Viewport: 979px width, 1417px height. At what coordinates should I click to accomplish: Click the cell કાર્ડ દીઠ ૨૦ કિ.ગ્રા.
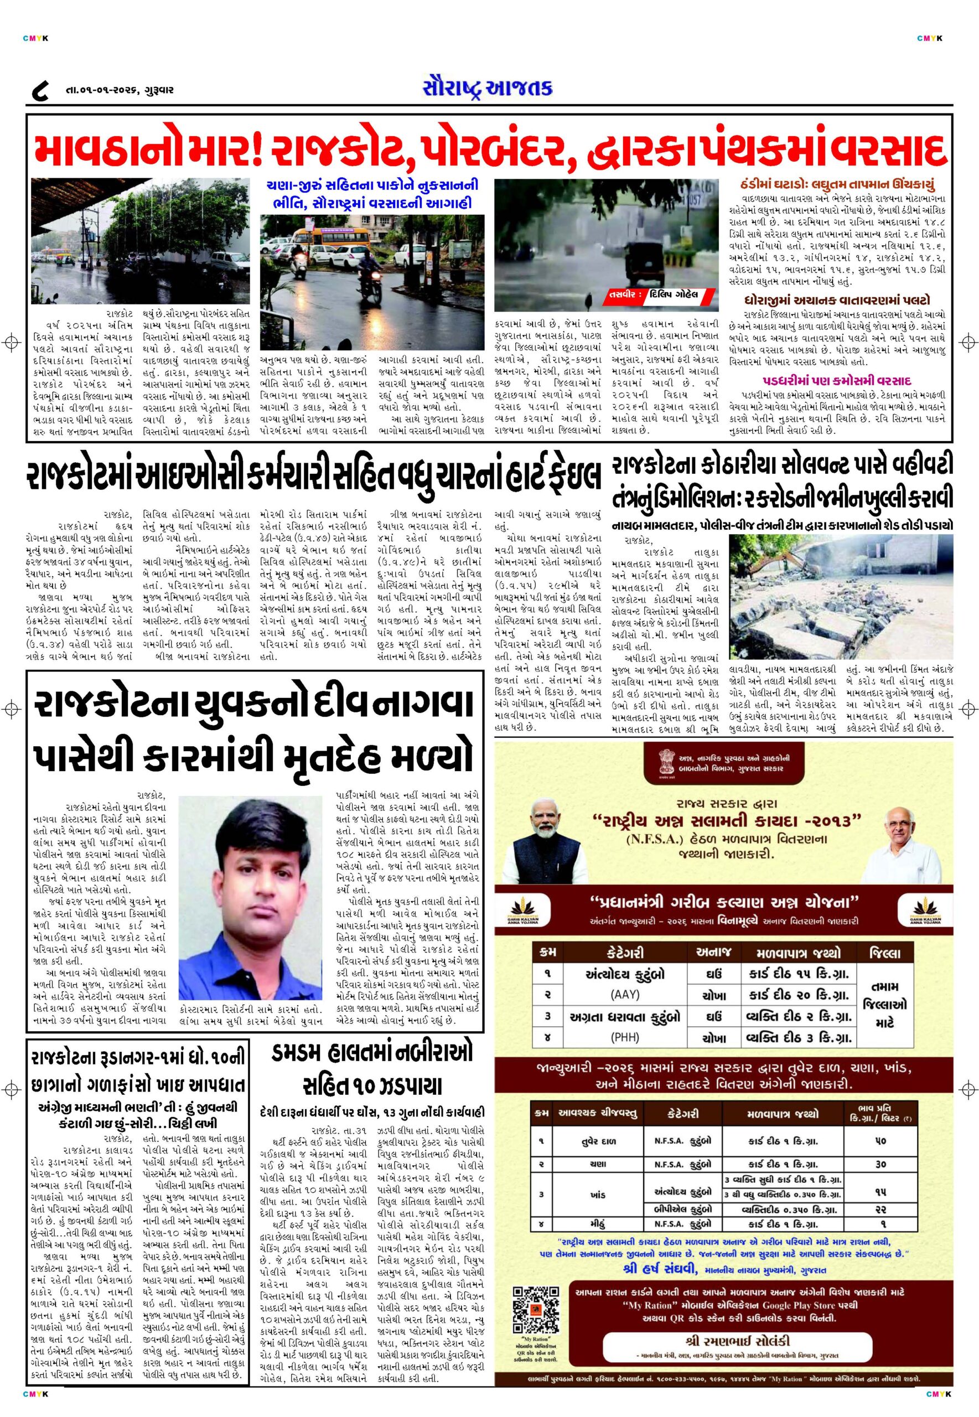[x=799, y=994]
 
